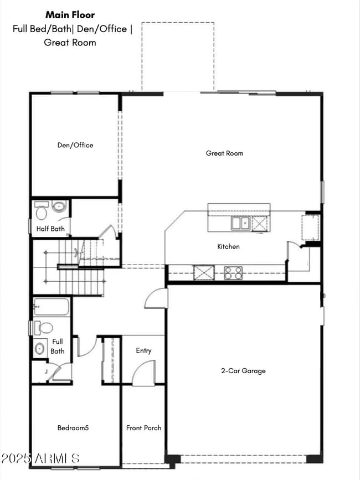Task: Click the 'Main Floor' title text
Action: tap(70, 15)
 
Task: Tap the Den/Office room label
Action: tap(75, 145)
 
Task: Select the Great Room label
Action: tap(224, 153)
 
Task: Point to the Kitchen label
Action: tap(228, 246)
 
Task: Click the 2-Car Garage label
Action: tap(243, 370)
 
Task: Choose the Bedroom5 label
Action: tap(73, 427)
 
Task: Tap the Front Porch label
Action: tap(143, 427)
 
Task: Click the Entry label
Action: tap(143, 350)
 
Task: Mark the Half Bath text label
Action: tap(50, 229)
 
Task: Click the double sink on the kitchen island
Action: tap(240, 223)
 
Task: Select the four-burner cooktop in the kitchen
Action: tap(233, 272)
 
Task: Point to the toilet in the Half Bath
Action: tap(42, 211)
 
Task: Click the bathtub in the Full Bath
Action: tap(52, 307)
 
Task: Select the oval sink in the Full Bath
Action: tap(40, 349)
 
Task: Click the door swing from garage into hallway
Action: tap(157, 298)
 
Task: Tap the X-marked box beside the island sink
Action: tap(259, 223)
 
